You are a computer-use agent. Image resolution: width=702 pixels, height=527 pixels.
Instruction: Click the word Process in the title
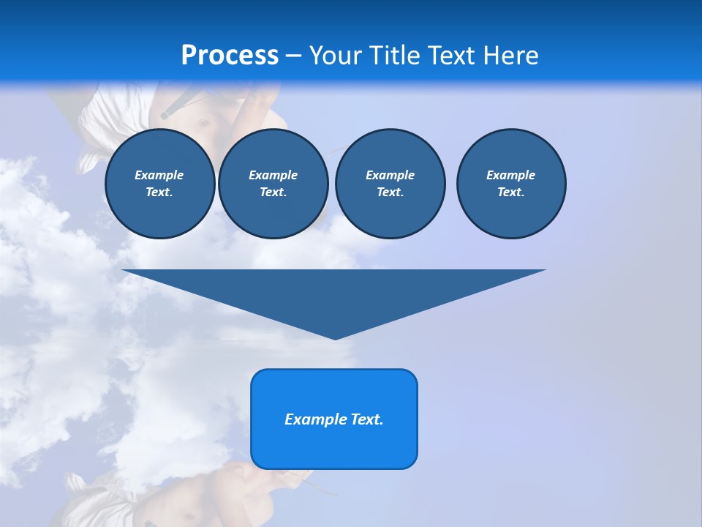230,56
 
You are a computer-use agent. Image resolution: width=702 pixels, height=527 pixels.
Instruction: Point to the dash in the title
294,56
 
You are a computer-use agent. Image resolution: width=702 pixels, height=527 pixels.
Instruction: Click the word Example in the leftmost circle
159,175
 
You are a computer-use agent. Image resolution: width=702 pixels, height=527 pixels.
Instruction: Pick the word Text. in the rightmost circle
511,193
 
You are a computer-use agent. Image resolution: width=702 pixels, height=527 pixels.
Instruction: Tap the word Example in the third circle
390,175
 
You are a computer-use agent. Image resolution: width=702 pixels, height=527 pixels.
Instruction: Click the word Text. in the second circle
273,193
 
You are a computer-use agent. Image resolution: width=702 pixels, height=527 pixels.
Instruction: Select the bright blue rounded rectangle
334,446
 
